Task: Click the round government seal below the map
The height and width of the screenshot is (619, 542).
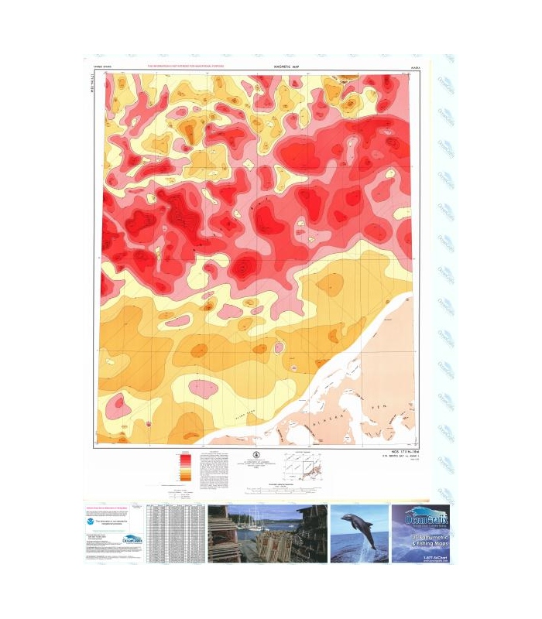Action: [258, 456]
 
